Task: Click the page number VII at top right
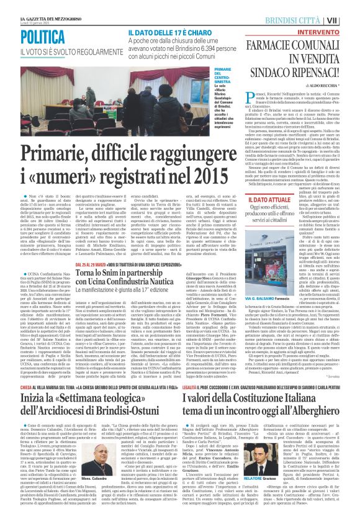350,20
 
